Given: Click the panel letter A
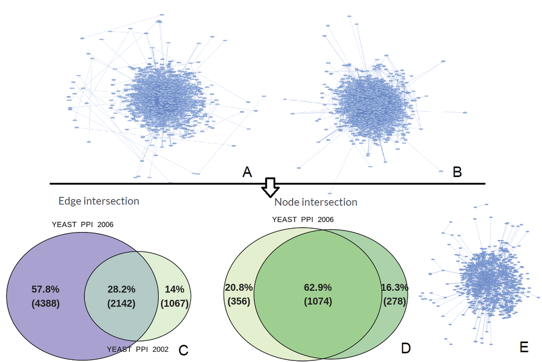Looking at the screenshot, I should [x=247, y=172].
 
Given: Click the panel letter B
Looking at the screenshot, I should [x=457, y=172].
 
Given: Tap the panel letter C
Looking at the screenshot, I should [x=183, y=350].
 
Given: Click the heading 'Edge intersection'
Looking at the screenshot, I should [x=99, y=201].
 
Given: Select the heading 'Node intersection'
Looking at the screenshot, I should [x=316, y=202].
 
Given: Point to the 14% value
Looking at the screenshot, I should [x=174, y=289].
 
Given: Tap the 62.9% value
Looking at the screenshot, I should [x=318, y=287].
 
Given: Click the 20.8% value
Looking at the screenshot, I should [x=238, y=287].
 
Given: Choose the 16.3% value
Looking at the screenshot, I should [x=395, y=287].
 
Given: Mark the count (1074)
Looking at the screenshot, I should [x=318, y=301].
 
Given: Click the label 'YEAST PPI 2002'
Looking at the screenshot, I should [x=138, y=349].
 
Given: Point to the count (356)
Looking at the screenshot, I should [x=238, y=301].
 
